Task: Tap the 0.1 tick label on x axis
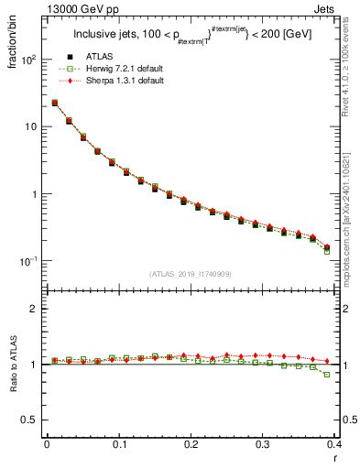[x=119, y=444]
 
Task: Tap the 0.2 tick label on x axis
[x=191, y=444]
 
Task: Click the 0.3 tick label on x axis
[x=263, y=444]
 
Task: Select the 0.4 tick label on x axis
[x=334, y=444]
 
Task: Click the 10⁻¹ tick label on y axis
[x=32, y=262]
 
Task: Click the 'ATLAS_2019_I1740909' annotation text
[x=191, y=274]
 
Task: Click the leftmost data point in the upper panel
[x=55, y=103]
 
